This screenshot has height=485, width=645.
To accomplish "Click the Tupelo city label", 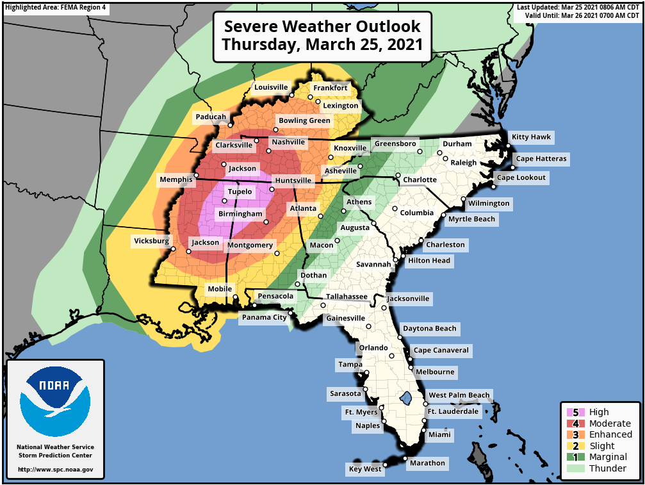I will [240, 192].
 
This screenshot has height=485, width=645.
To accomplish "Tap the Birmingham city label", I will [240, 214].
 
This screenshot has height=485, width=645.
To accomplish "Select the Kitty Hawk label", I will [531, 137].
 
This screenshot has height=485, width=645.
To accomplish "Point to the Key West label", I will [364, 469].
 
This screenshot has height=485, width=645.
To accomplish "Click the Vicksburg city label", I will [151, 242].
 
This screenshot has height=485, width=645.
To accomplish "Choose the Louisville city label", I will [271, 87].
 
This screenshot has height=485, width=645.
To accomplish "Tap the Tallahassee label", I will [347, 297].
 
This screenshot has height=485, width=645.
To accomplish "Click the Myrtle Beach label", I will [471, 219].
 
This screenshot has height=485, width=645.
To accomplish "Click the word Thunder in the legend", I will [608, 468].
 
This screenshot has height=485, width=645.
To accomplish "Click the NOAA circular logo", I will [55, 401].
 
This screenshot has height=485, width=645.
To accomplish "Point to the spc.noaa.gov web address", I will [55, 470].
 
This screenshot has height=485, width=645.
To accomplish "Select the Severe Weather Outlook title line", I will [322, 26].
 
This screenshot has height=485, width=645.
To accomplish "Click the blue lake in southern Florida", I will [405, 399].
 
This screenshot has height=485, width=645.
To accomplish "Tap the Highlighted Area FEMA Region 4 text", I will [56, 8].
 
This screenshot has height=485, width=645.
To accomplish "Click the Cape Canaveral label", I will [441, 350].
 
